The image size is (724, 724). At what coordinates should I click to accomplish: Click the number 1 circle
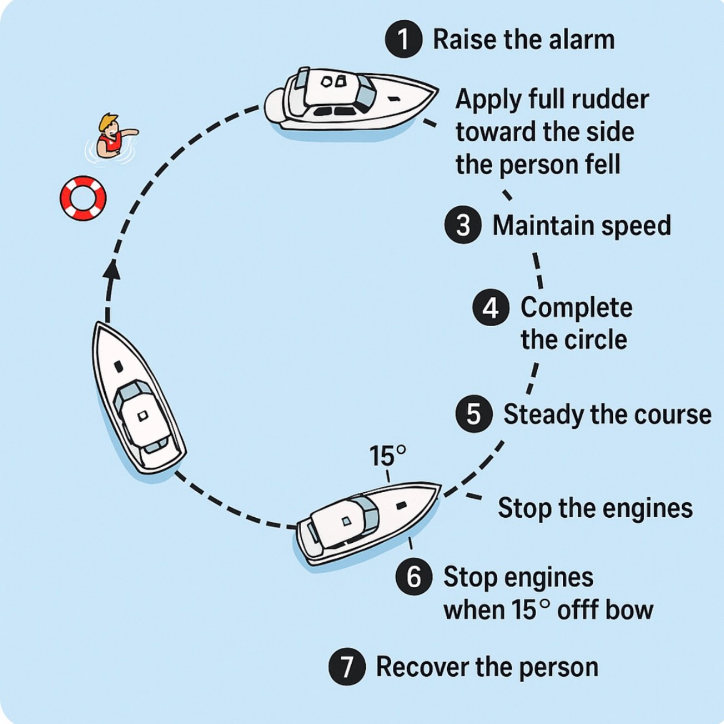(x=403, y=39)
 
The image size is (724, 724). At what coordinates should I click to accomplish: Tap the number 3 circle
(x=463, y=225)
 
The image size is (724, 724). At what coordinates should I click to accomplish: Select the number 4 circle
(x=491, y=308)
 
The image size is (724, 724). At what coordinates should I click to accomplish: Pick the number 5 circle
(x=474, y=414)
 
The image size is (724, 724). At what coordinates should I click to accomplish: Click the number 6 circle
(x=414, y=576)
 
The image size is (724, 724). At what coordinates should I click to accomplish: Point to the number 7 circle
(x=347, y=666)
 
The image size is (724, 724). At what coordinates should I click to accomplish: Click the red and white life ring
(x=83, y=198)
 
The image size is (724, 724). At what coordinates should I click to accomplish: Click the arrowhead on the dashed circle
(x=112, y=269)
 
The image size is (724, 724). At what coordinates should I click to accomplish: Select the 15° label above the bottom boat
(x=388, y=456)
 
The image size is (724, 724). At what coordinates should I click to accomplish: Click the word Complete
(x=576, y=308)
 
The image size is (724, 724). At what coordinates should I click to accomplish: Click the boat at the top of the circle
(x=350, y=99)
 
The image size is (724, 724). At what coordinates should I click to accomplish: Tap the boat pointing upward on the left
(x=138, y=399)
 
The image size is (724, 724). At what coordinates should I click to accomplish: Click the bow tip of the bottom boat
(x=438, y=485)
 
